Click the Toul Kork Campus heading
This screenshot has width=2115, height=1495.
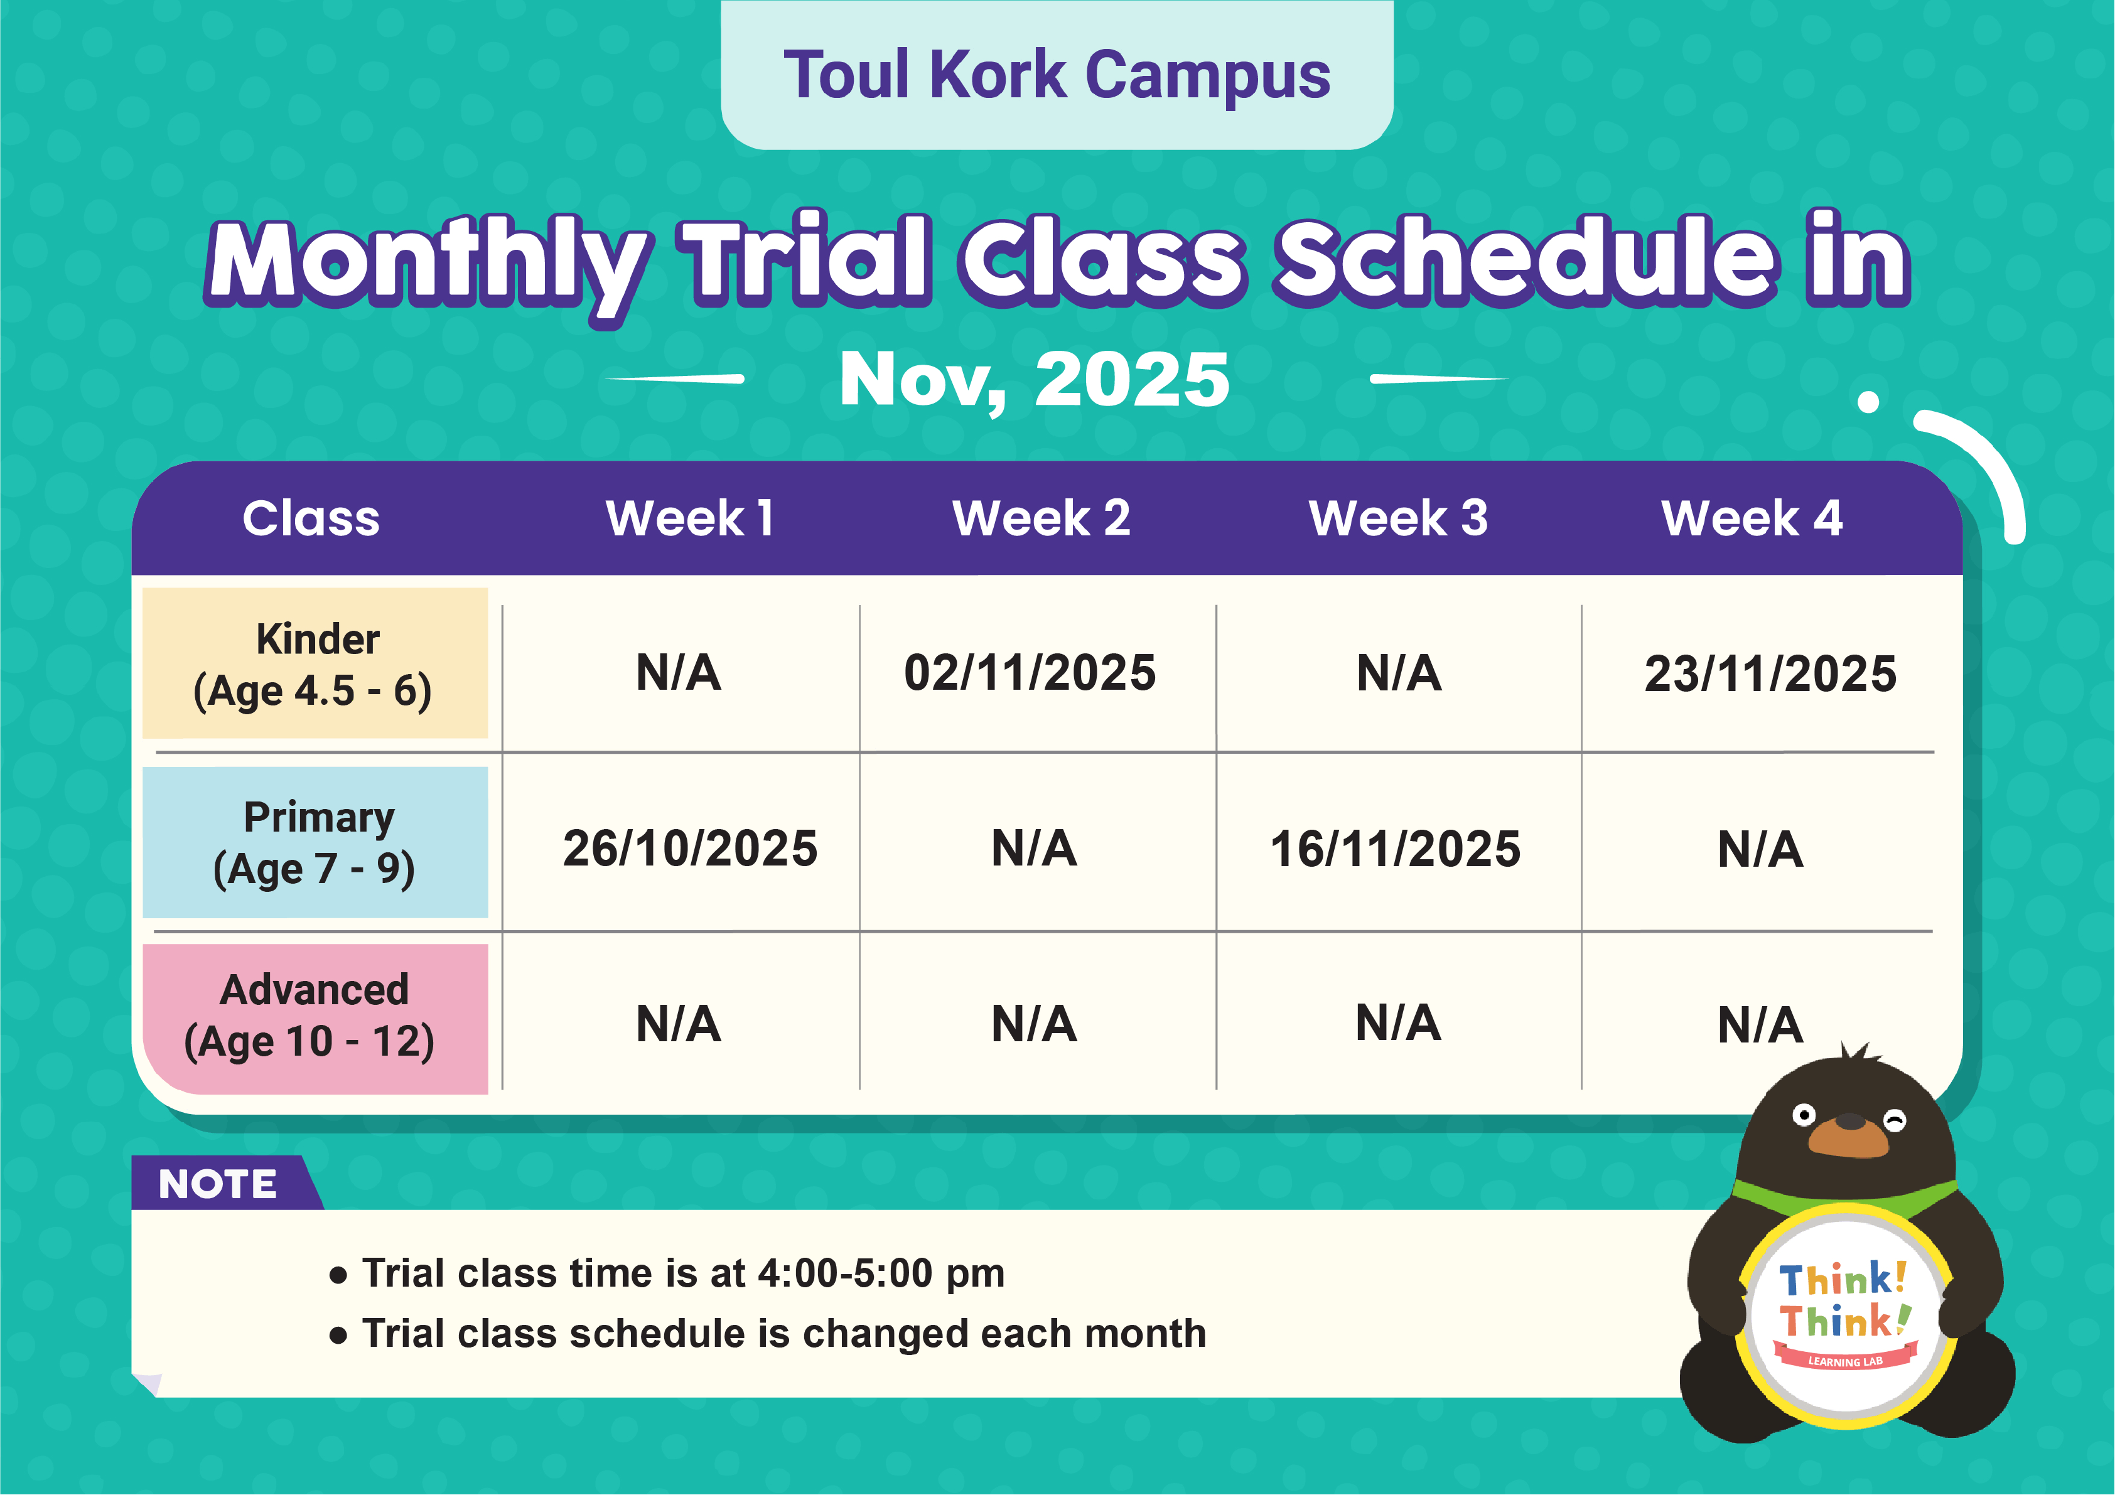[1057, 75]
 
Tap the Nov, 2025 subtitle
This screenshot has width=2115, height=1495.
[1033, 380]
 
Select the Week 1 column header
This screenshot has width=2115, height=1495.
[689, 518]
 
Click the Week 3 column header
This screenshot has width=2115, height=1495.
[1397, 518]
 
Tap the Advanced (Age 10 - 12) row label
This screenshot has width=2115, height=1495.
[313, 1017]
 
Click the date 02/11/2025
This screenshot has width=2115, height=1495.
[1029, 672]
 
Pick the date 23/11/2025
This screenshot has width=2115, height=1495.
[1770, 674]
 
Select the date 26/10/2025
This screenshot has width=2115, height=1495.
[690, 849]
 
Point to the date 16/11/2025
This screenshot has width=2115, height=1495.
[1395, 849]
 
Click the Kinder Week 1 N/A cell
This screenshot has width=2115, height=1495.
[678, 672]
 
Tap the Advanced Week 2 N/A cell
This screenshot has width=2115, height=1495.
[1033, 1024]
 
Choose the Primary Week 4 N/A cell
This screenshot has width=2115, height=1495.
[1760, 849]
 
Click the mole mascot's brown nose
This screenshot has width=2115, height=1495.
[1849, 1122]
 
